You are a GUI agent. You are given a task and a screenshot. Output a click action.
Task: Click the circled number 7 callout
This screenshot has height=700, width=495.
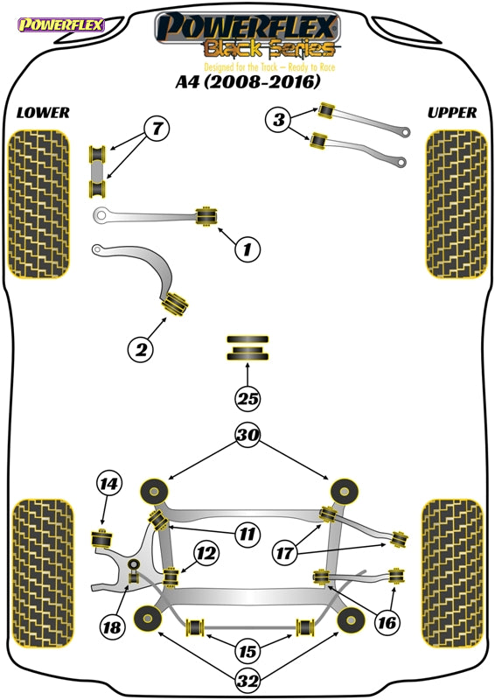[x=157, y=129]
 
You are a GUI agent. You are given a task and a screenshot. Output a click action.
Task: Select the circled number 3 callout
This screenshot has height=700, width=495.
[x=278, y=119]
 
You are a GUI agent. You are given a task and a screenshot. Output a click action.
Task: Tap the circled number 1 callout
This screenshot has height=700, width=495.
[x=247, y=248]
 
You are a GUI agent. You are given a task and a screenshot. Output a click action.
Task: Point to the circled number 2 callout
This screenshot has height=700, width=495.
[x=141, y=349]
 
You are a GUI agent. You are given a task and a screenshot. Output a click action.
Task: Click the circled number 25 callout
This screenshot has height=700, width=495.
[x=247, y=398]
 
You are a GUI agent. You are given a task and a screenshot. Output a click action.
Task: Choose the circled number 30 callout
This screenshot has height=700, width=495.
[x=247, y=434]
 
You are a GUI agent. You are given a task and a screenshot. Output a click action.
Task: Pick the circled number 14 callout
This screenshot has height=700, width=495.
[x=109, y=484]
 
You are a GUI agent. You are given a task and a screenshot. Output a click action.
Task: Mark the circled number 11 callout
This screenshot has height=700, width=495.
[x=247, y=534]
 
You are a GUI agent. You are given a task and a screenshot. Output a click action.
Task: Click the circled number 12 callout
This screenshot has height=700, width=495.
[x=206, y=554]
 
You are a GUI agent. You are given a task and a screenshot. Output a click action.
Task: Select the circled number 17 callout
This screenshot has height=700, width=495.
[x=285, y=554]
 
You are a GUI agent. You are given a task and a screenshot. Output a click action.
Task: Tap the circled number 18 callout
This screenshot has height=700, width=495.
[x=112, y=627]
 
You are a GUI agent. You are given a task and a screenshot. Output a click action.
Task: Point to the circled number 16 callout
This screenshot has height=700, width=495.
[x=387, y=622]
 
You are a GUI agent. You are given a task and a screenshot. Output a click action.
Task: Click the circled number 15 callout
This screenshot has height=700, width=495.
[x=247, y=651]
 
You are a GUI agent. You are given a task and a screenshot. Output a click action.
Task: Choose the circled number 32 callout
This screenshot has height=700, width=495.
[x=247, y=681]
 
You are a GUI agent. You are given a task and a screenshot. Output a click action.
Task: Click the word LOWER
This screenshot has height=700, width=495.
[x=43, y=113]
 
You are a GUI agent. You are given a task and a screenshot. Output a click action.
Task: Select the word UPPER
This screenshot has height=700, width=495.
[x=452, y=113]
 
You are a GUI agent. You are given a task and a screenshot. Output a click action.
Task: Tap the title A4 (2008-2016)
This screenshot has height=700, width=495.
[x=247, y=81]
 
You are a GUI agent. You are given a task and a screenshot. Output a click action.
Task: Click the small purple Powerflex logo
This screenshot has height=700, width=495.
[x=61, y=24]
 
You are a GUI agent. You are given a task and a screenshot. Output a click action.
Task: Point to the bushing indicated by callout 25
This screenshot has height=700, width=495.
[x=247, y=348]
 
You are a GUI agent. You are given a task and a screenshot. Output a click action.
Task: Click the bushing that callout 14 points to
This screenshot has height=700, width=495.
[x=101, y=539]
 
